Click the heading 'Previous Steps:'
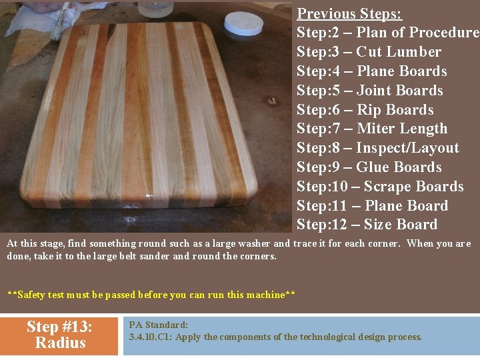coord(349,13)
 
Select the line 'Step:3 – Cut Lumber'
coord(369,52)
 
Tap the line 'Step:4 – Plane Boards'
coord(371,71)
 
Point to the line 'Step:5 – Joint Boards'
coord(369,91)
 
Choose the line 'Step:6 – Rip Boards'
coord(365,110)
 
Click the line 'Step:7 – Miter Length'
coord(372,129)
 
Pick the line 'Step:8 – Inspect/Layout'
coord(377,148)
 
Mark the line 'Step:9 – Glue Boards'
coord(369,167)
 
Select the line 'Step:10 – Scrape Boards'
coord(380,187)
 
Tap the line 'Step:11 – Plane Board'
coord(372,206)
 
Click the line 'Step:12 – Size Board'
coord(367,225)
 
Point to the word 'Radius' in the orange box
coord(61,343)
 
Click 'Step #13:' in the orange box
coord(59,327)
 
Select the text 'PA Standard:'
coord(159,325)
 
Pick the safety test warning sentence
coord(151,295)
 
